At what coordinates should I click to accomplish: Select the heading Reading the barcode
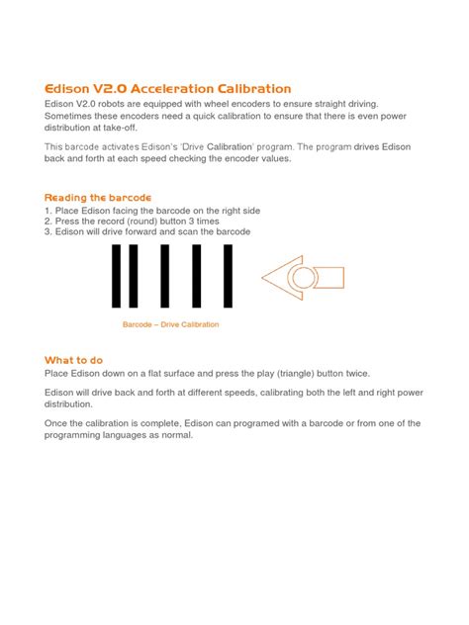[98, 198]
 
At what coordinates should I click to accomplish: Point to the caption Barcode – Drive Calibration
[170, 324]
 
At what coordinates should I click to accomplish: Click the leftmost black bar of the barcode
[119, 277]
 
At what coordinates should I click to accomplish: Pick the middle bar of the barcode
[173, 277]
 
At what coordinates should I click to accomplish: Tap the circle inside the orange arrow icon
[303, 278]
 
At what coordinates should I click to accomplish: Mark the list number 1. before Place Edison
[48, 211]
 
